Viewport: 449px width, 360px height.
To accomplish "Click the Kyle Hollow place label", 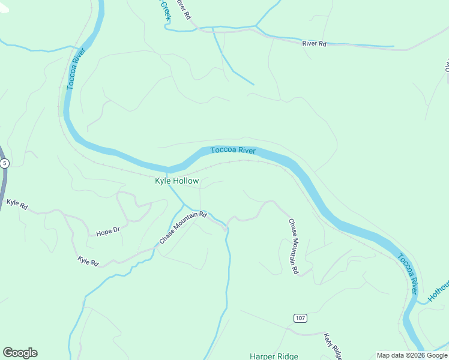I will pos(176,181).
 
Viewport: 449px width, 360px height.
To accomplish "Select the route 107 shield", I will pos(300,317).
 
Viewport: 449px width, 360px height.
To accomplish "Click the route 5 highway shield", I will pos(5,163).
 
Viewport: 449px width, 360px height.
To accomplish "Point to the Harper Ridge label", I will pos(274,356).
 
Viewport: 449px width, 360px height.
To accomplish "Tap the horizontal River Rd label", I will pos(314,44).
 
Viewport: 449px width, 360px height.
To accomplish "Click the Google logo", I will pos(20,353).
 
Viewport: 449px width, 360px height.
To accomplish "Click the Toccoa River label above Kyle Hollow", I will pos(234,150).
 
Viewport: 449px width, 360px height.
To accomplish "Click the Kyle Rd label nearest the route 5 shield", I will pos(17,205).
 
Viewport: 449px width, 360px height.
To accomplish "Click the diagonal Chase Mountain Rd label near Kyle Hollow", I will pos(182,227).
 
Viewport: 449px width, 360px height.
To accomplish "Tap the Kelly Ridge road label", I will pos(332,346).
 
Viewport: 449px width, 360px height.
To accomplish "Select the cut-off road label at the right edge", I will pos(447,65).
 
